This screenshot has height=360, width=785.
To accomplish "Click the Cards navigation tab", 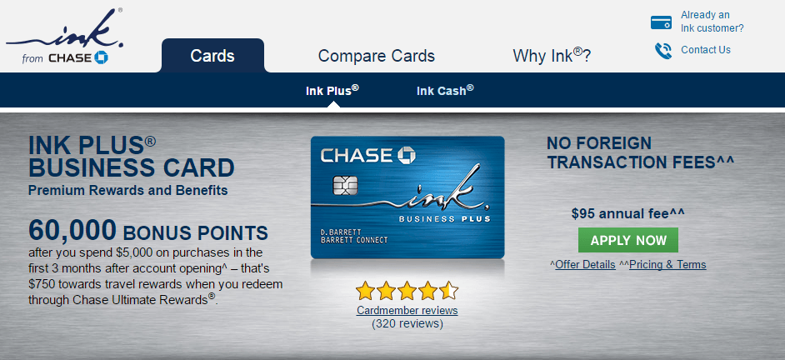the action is [x=212, y=56].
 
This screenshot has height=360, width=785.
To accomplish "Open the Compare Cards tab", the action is [x=377, y=56].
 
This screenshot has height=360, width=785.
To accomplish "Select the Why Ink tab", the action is [x=552, y=55].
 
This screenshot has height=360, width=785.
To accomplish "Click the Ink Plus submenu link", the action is [x=332, y=91].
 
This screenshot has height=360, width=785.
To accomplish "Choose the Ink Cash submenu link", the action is [x=445, y=91].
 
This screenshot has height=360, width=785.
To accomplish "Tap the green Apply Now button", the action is [x=627, y=240].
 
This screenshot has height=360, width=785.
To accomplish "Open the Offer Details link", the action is [x=585, y=264].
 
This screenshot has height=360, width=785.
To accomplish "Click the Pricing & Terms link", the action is [x=667, y=264].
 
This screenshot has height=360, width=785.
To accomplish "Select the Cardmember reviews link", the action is [x=407, y=311].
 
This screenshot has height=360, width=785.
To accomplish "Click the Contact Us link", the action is [x=705, y=49].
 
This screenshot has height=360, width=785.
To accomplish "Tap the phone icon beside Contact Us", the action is [x=662, y=51].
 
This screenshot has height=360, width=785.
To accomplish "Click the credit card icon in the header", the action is [x=661, y=22].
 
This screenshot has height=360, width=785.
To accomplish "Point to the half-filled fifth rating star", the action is [x=448, y=290].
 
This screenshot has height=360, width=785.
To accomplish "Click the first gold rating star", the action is [x=366, y=290].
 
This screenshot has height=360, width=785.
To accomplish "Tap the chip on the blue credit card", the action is [x=345, y=186].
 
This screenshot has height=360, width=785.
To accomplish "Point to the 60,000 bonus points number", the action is [x=72, y=230].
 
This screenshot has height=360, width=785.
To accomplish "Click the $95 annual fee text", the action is [x=627, y=214].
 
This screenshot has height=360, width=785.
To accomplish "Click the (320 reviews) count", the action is [x=407, y=324].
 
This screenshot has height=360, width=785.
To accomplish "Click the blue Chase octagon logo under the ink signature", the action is [x=101, y=57].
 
